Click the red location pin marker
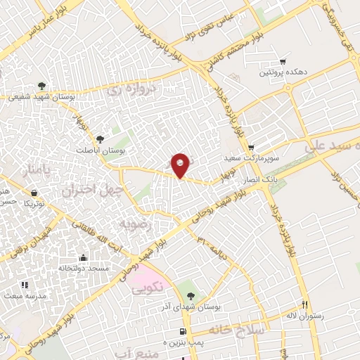[181, 165]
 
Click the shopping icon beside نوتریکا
[34, 192]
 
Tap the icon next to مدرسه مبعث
[25, 285]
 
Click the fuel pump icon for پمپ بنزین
[183, 330]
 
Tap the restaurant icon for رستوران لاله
[304, 305]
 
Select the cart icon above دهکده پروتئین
[283, 61]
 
